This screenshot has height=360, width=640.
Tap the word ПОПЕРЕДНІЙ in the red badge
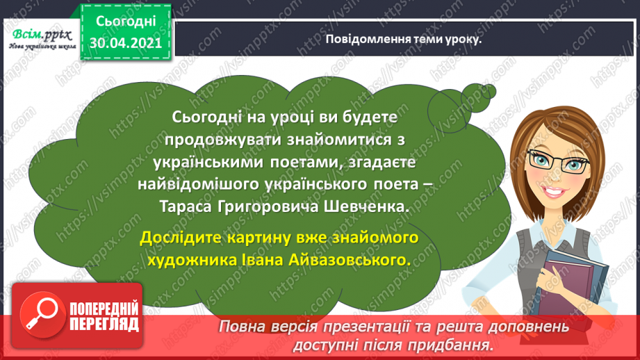(x=95, y=307)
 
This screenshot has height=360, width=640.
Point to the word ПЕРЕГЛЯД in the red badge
(x=95, y=323)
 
